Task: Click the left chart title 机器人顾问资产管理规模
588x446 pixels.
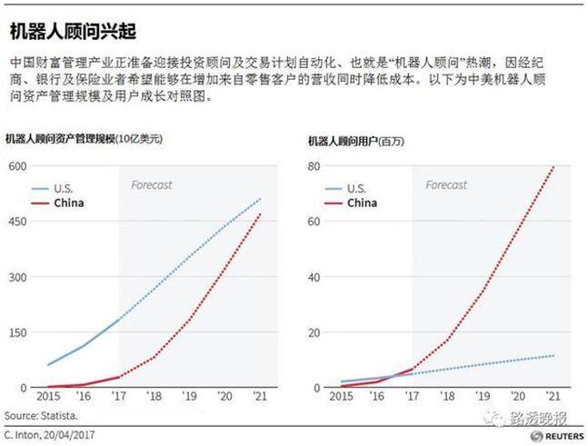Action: click(84, 140)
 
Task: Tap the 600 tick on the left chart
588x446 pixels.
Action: click(19, 165)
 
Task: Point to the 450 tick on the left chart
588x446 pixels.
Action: click(19, 221)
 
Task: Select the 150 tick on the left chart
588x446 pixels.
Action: click(19, 332)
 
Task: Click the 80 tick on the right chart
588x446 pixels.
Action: click(314, 165)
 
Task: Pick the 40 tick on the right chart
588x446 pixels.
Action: click(314, 277)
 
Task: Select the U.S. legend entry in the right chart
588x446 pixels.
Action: click(355, 188)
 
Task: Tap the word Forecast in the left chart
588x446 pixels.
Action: click(151, 185)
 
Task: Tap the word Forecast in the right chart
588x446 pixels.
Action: click(446, 185)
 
